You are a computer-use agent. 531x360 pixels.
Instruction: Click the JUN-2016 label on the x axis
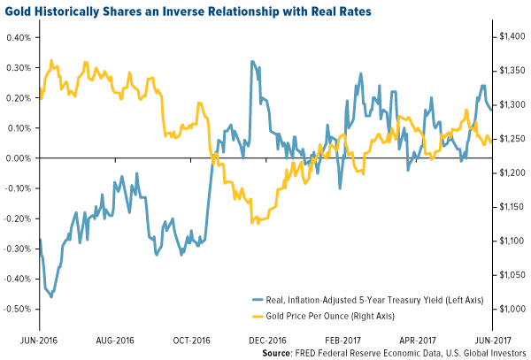point(22,337)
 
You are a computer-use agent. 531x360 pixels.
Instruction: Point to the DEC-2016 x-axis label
point(266,337)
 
